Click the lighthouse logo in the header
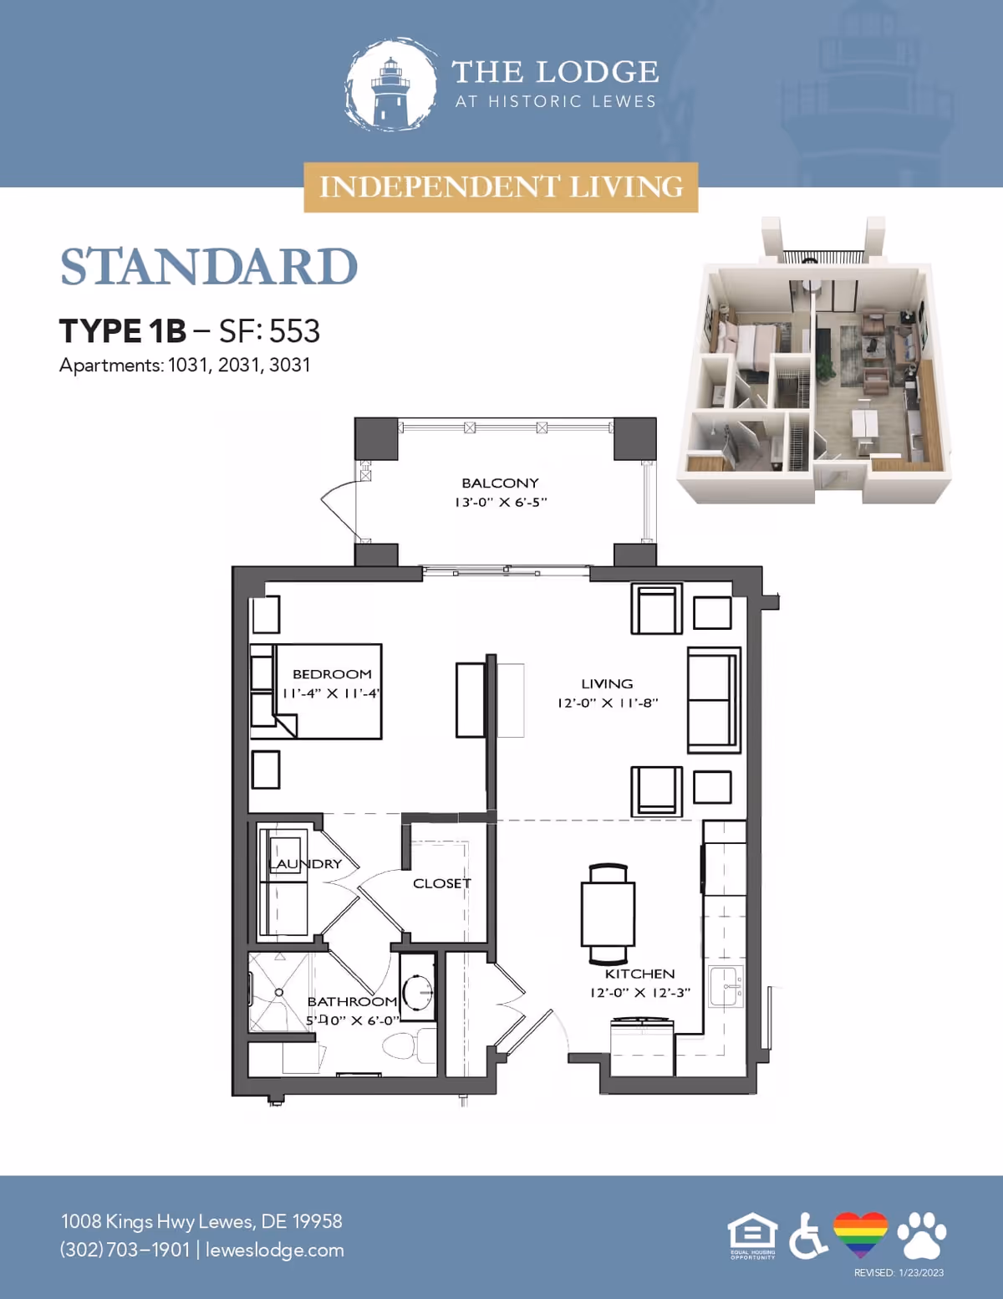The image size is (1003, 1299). [x=391, y=85]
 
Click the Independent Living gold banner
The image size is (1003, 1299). [x=501, y=187]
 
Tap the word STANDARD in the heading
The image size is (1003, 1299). [x=208, y=267]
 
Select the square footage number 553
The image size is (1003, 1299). [x=294, y=331]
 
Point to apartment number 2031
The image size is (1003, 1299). [x=239, y=366]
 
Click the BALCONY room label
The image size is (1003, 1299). [x=500, y=483]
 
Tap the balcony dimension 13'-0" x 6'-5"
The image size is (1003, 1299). [x=500, y=502]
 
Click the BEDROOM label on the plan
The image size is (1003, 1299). [x=332, y=674]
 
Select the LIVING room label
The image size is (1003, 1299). [x=607, y=683]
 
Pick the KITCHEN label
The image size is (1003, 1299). [x=639, y=974]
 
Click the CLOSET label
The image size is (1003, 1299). [x=441, y=883]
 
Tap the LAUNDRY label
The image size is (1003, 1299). [x=305, y=863]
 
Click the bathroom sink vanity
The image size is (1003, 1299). [x=417, y=992]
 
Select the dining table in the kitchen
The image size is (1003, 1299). [x=608, y=913]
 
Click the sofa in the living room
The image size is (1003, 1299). [x=713, y=700]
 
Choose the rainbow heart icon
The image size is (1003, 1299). [x=860, y=1235]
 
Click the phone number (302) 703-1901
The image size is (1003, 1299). [x=125, y=1250]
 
